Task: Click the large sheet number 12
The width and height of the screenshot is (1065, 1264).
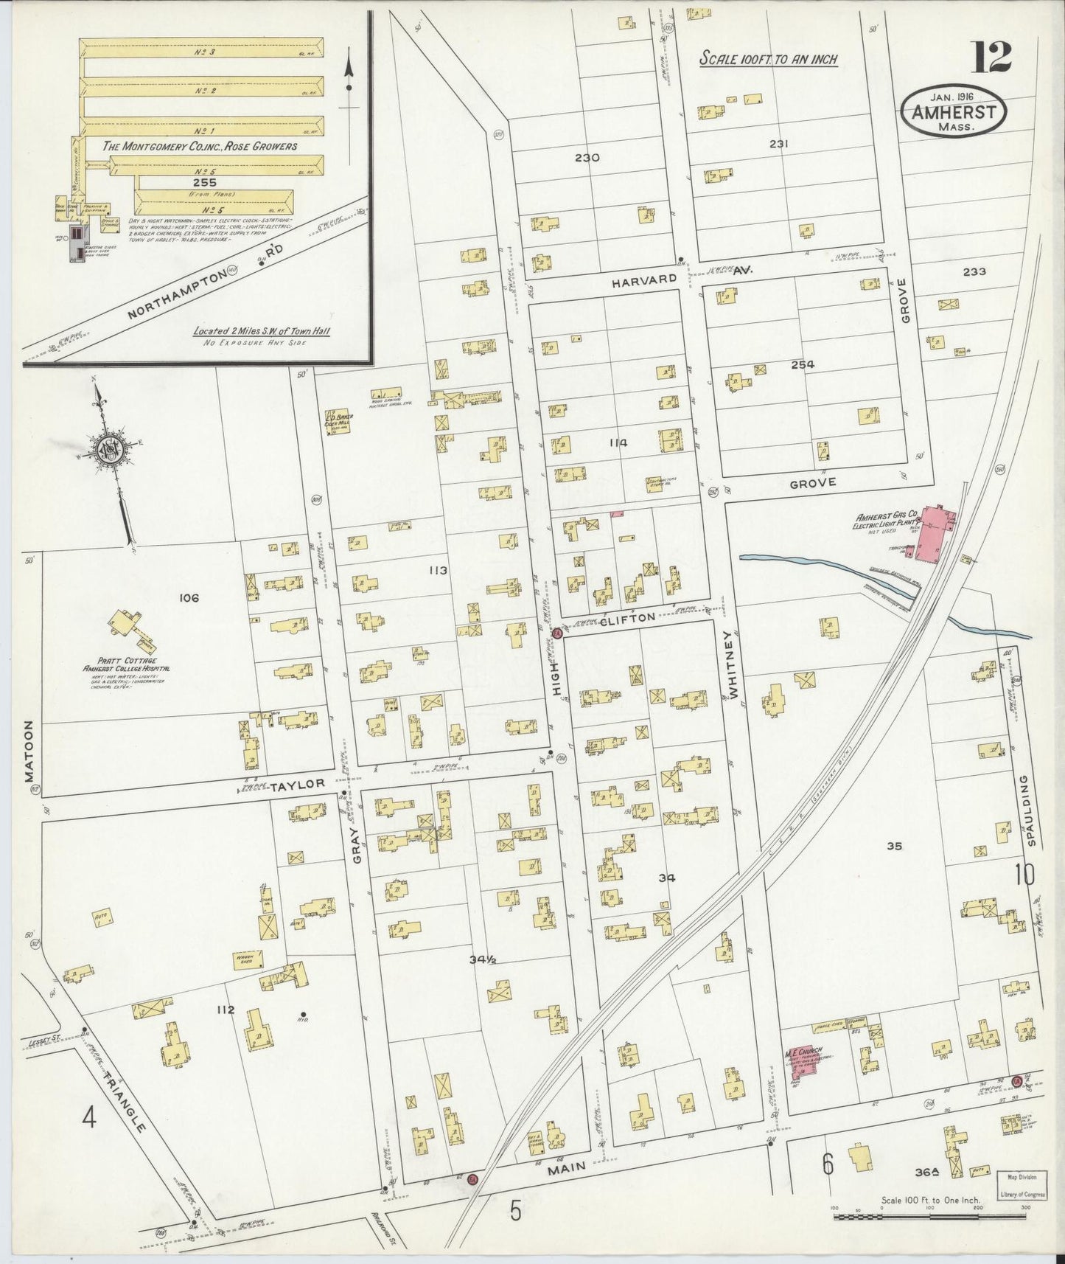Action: [991, 58]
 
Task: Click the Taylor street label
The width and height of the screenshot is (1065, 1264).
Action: [297, 785]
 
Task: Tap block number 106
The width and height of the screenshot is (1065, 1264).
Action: [189, 598]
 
